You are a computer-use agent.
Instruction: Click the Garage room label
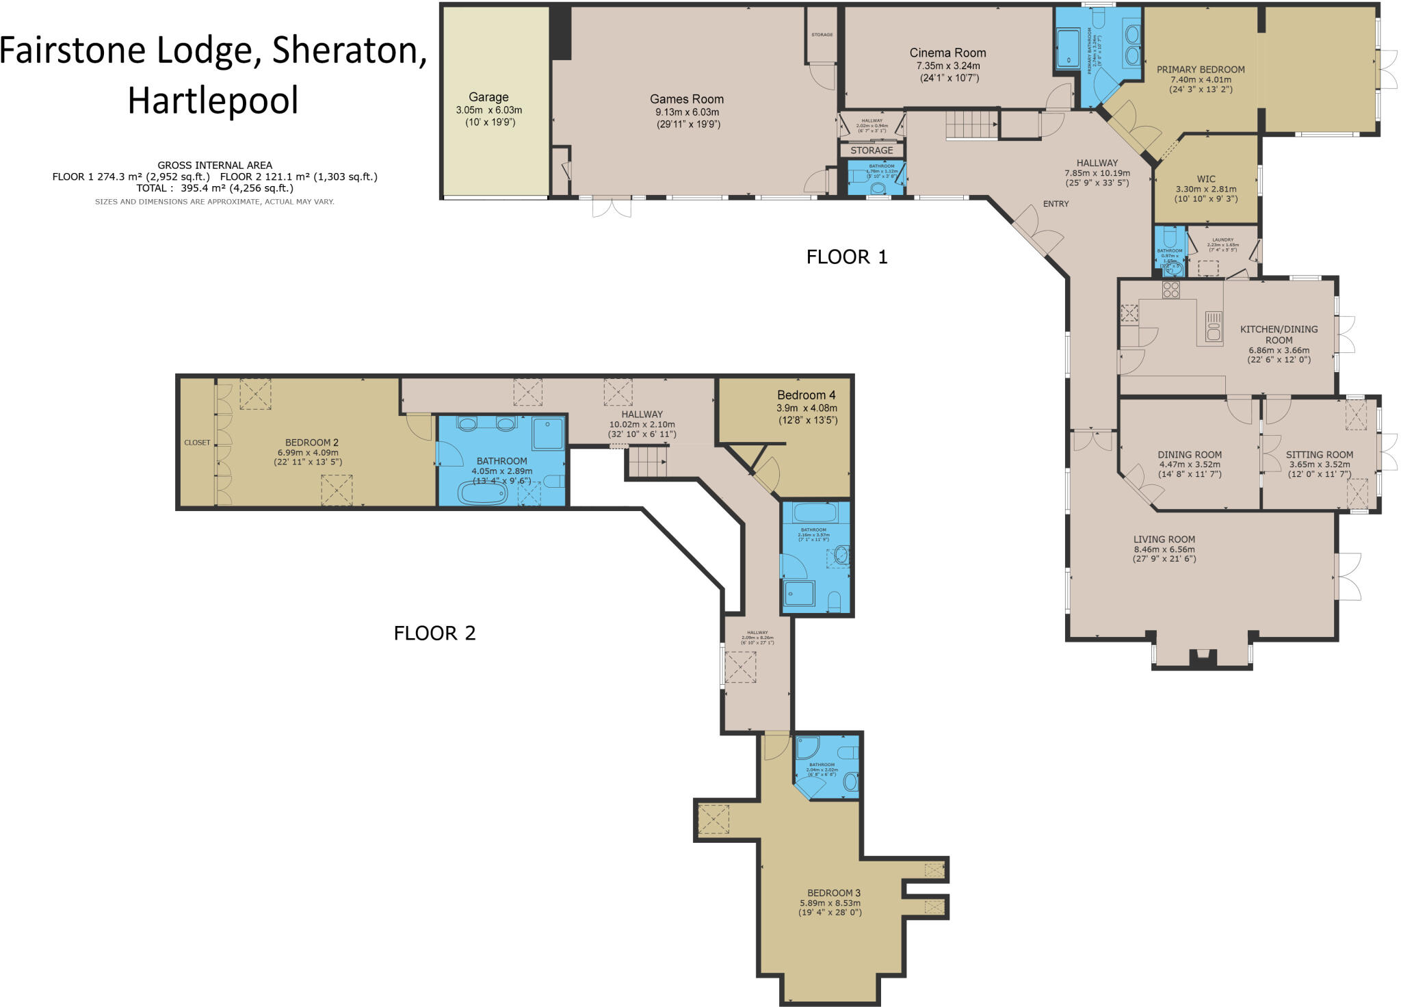488,97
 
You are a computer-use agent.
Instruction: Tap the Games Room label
686,99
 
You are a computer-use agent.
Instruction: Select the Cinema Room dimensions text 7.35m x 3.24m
947,66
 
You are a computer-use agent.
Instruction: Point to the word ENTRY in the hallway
1056,204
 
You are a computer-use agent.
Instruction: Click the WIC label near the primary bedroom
1206,179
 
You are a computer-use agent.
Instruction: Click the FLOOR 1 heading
846,257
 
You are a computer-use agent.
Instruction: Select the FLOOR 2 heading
434,633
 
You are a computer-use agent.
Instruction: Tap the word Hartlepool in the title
213,101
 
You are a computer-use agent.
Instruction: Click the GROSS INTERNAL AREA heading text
215,165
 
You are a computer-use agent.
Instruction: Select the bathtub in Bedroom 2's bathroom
482,493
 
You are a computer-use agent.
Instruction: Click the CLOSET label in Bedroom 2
197,443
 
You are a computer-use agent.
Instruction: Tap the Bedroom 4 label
806,395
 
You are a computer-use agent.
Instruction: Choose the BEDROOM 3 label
833,893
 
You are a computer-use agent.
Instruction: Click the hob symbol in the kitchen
1170,289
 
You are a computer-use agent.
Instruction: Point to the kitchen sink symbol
1214,326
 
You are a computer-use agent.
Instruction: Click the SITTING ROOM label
1319,455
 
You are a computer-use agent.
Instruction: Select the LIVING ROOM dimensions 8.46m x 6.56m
1164,549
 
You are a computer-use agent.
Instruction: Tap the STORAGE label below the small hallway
872,151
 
